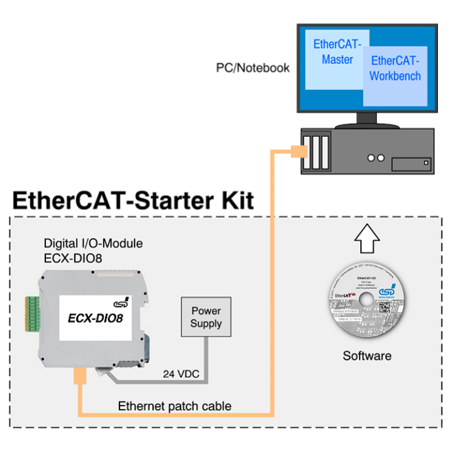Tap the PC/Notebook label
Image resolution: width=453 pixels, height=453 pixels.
(252, 68)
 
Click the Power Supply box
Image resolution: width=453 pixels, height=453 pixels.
(206, 317)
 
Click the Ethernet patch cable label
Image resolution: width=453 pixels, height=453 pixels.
(175, 406)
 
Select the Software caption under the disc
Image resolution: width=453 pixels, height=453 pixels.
(367, 356)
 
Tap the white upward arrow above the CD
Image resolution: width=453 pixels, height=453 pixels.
(365, 240)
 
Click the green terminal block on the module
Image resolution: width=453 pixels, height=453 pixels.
(33, 313)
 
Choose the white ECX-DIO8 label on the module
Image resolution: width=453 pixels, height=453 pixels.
(96, 317)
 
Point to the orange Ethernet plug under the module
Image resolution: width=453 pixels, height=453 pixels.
(80, 377)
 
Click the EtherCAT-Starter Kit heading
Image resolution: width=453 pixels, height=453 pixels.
(134, 201)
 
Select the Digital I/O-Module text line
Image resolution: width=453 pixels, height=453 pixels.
(93, 243)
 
